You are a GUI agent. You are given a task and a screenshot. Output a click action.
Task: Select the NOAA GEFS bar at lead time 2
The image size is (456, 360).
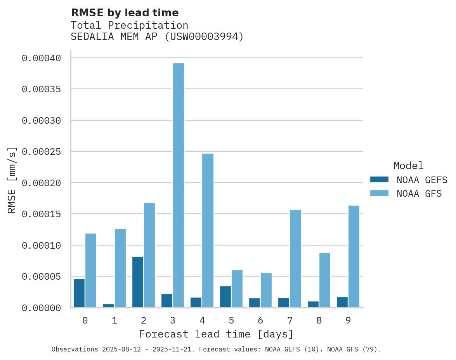(x=138, y=282)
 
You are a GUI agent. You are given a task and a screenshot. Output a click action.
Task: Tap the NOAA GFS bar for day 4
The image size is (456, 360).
(x=208, y=230)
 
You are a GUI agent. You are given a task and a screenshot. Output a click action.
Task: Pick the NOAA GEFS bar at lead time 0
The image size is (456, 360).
(x=79, y=293)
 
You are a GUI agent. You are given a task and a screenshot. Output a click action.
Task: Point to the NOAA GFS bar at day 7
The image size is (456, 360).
(x=295, y=259)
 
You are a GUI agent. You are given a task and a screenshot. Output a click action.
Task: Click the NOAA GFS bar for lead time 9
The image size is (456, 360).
(x=354, y=256)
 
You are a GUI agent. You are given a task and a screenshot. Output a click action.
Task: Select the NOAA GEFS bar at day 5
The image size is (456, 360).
(x=225, y=297)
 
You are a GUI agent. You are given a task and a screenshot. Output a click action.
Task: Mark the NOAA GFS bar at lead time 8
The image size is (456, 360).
(x=324, y=280)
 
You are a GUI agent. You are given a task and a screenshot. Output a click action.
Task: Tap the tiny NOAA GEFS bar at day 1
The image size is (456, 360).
(x=109, y=306)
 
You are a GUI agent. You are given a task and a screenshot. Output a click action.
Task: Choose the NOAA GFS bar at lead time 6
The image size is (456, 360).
(x=266, y=290)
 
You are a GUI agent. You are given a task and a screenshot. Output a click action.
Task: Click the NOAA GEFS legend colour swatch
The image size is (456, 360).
(x=379, y=180)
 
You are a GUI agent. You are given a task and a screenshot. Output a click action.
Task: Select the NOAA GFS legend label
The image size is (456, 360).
(x=419, y=194)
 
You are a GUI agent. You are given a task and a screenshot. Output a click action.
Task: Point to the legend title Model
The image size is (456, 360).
(x=408, y=166)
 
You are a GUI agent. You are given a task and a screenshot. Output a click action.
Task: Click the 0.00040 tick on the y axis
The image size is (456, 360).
(x=42, y=58)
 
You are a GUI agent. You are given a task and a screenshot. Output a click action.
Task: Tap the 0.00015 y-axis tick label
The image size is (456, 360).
(x=42, y=214)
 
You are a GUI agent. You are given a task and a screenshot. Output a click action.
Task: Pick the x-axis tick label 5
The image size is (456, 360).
(x=231, y=320)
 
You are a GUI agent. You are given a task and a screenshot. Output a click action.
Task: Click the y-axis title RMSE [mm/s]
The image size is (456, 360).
(x=12, y=180)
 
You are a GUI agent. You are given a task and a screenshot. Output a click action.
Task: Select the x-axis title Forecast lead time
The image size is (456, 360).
(x=216, y=334)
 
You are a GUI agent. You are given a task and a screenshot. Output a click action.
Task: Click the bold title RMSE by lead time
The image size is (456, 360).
(x=125, y=13)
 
